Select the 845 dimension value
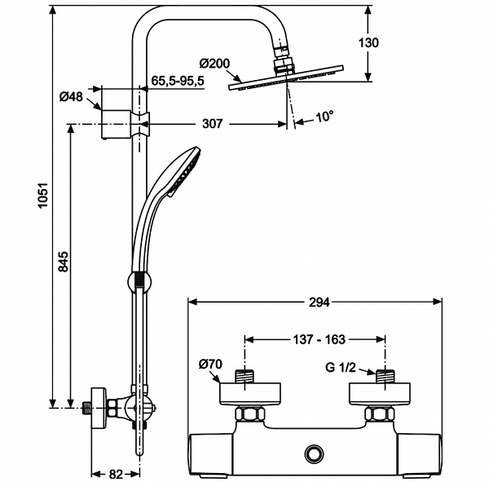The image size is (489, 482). [x=64, y=263]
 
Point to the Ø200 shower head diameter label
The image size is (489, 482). [x=214, y=63]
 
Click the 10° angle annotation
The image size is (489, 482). [x=324, y=117]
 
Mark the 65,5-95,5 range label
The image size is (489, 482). [x=178, y=82]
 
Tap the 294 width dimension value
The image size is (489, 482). [x=319, y=302]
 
